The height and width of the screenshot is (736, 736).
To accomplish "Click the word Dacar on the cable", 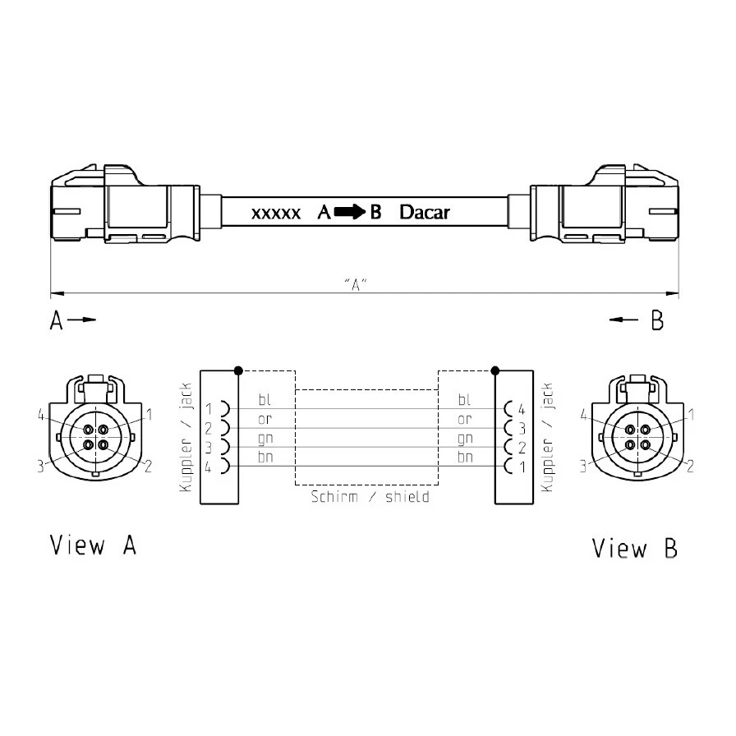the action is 425,213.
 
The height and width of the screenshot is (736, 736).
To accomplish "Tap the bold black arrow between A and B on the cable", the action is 350,212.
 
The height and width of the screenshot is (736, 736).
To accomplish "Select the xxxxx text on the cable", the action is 276,214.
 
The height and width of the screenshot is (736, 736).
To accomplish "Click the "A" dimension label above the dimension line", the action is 356,284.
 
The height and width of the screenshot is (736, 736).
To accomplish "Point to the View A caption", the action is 93,545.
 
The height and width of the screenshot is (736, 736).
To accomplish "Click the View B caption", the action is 635,548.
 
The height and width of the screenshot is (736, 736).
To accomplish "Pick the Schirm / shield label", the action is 370,497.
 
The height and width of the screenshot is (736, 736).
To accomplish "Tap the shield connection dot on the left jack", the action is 238,370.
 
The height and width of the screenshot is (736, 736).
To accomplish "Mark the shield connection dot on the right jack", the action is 494,370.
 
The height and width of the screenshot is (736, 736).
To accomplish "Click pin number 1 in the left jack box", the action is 209,409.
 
